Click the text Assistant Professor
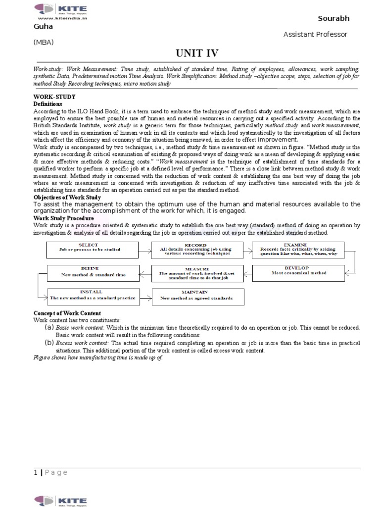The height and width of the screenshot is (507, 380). tap(315, 34)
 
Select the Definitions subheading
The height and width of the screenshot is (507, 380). tap(47, 104)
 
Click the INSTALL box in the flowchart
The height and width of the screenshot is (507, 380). tap(92, 296)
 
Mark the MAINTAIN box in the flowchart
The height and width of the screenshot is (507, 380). tap(195, 296)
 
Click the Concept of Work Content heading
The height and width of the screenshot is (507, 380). tap(67, 313)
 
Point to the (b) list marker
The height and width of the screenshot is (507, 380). tap(49, 342)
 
